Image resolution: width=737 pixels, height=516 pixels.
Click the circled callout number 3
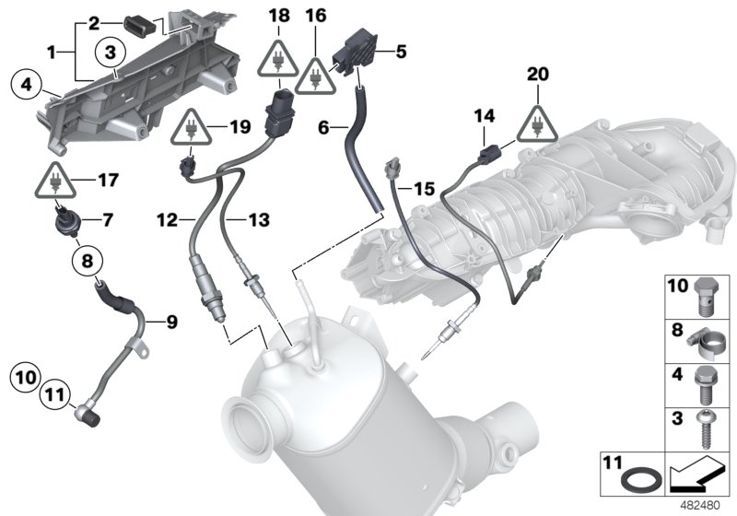(x=110, y=52)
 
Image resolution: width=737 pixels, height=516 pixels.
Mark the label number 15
(x=423, y=188)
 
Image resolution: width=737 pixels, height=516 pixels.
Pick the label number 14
(x=484, y=114)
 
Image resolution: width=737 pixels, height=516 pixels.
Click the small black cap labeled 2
(x=143, y=24)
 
